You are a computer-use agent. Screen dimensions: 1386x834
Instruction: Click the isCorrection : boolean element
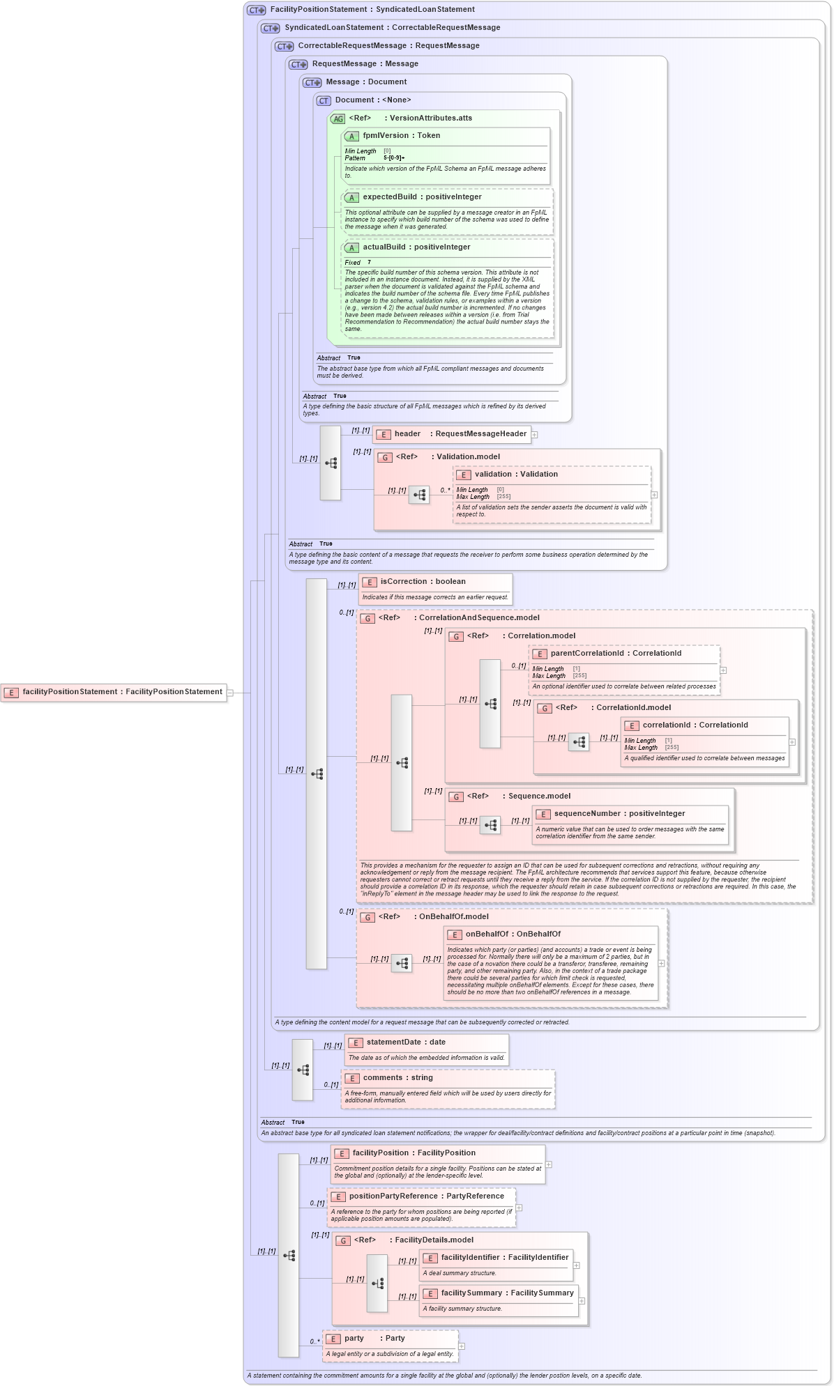coord(423,582)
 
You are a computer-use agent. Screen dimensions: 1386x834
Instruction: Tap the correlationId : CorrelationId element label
coord(695,725)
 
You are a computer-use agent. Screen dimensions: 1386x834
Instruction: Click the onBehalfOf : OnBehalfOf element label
coord(513,934)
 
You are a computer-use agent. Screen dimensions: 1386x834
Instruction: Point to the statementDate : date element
coord(405,1042)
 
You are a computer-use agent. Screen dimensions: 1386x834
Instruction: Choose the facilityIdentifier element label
coord(504,1258)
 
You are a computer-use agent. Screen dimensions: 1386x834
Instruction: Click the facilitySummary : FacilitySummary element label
coord(506,1293)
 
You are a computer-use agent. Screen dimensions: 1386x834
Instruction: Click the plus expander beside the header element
coord(535,435)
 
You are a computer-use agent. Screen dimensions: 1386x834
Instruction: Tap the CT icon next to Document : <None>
coord(324,101)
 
